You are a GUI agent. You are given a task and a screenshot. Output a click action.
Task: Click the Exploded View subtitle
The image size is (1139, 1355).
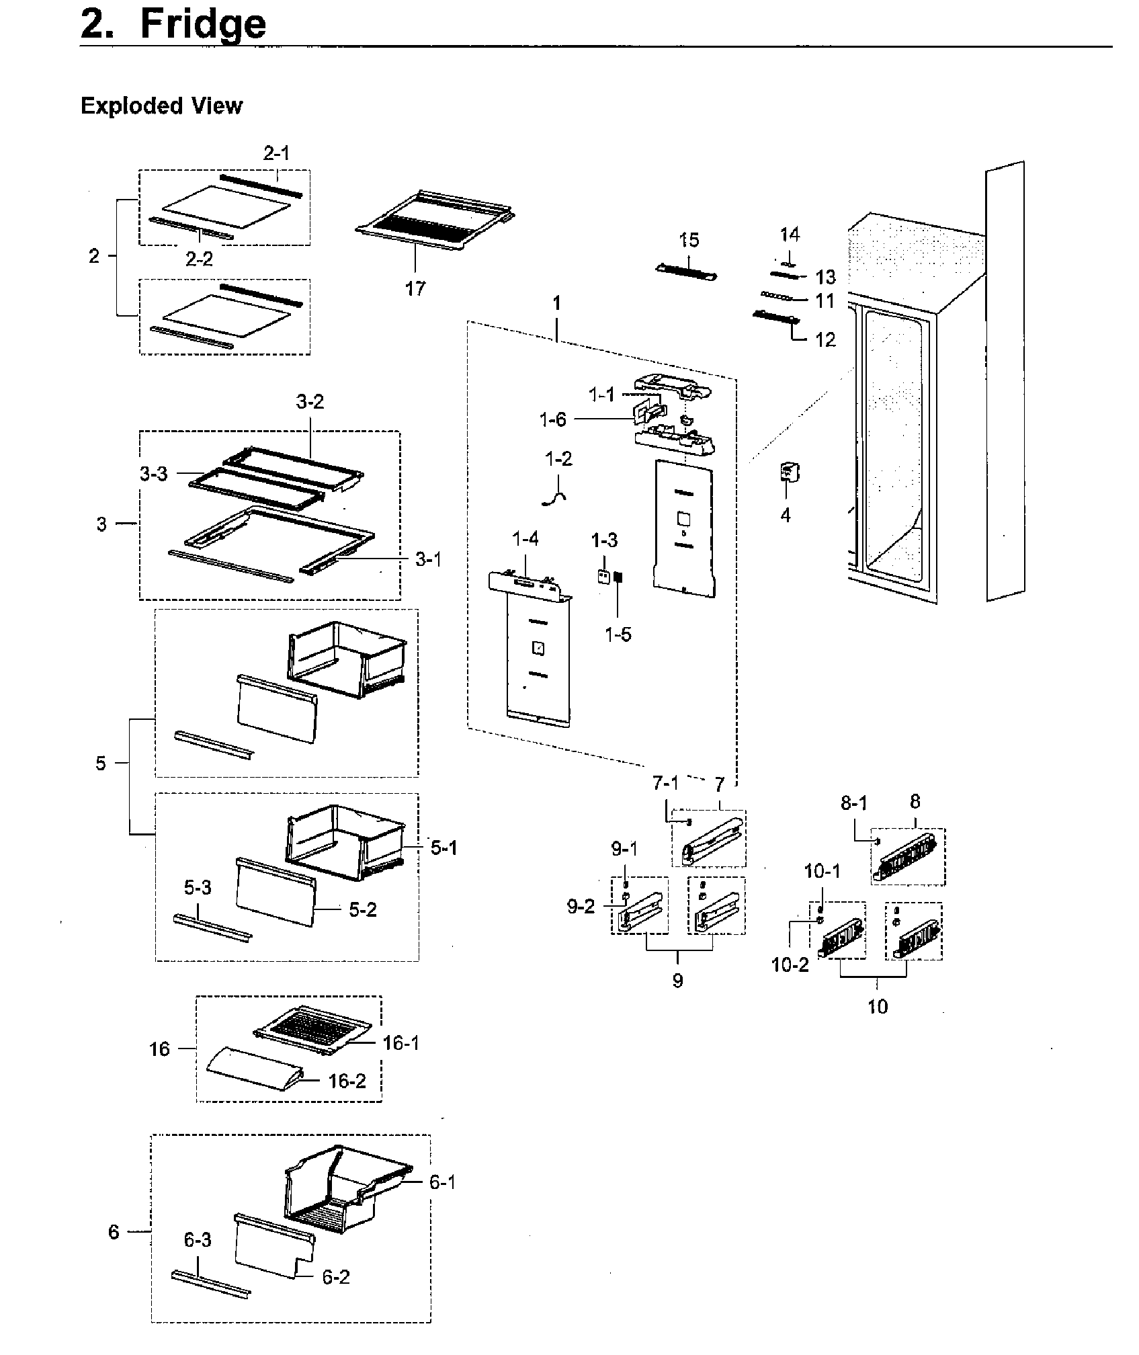pyautogui.click(x=161, y=106)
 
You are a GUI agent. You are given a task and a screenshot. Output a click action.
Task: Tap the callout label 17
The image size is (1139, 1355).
pyautogui.click(x=415, y=289)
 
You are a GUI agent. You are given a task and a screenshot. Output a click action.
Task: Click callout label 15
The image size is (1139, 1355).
pyautogui.click(x=689, y=241)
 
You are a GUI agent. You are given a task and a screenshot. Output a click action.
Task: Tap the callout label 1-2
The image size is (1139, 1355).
pyautogui.click(x=558, y=459)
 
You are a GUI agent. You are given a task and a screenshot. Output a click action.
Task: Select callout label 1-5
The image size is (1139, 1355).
pyautogui.click(x=618, y=634)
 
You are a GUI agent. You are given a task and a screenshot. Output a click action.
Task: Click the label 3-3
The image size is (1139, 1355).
pyautogui.click(x=154, y=474)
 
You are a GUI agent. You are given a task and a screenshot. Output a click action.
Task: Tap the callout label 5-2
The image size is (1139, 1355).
pyautogui.click(x=363, y=910)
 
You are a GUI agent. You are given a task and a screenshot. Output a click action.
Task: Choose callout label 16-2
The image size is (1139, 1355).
pyautogui.click(x=347, y=1081)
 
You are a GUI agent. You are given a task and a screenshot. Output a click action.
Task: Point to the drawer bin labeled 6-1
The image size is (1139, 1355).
pyautogui.click(x=346, y=1190)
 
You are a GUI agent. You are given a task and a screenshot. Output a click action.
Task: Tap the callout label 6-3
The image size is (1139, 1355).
pyautogui.click(x=198, y=1240)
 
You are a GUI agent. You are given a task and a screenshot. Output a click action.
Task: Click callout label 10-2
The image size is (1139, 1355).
pyautogui.click(x=790, y=965)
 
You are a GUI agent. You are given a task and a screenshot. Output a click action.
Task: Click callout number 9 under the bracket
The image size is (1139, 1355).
pyautogui.click(x=677, y=981)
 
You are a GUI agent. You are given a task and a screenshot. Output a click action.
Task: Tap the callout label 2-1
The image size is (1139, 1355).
pyautogui.click(x=276, y=154)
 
